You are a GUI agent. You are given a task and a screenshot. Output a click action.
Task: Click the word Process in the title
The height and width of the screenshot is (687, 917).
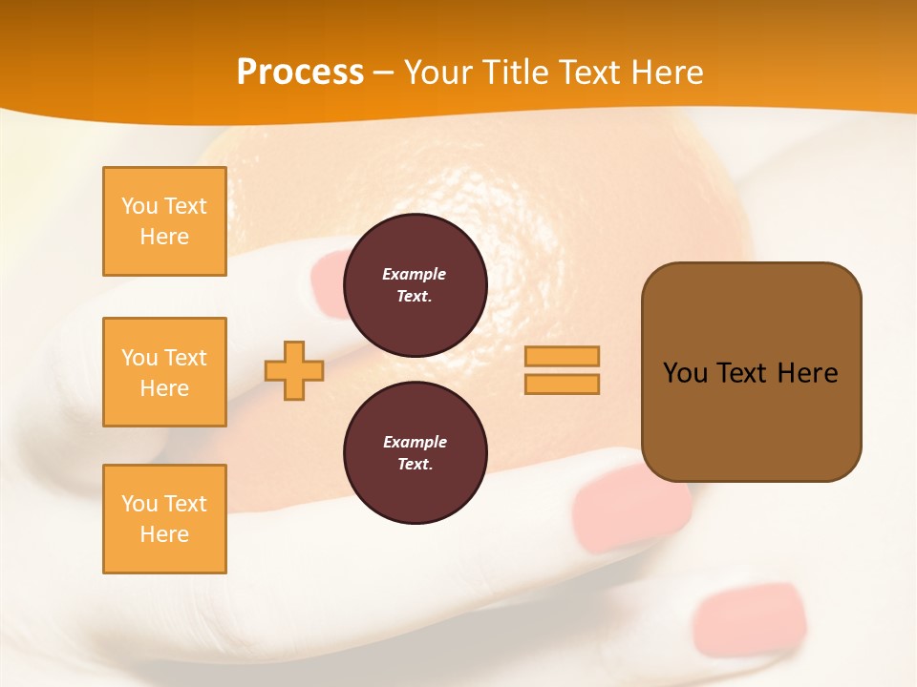(x=300, y=73)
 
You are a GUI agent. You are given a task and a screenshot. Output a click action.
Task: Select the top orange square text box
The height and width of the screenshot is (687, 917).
(x=164, y=221)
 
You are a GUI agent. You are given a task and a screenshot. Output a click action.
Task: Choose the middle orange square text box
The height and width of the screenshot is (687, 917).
(x=164, y=372)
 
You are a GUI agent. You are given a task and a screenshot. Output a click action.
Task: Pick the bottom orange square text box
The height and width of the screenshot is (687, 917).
(x=164, y=519)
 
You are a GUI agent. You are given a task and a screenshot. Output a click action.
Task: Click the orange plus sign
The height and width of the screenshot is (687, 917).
(x=294, y=371)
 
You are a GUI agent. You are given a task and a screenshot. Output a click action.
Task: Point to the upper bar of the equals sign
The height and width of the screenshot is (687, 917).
(x=562, y=356)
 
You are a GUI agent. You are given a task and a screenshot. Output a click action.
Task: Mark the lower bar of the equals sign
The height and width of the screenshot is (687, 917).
(x=562, y=384)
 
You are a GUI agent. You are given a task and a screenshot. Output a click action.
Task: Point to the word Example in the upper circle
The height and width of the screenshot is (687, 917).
(x=414, y=274)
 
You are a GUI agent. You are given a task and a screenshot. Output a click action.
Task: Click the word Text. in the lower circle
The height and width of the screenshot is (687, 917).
(x=415, y=465)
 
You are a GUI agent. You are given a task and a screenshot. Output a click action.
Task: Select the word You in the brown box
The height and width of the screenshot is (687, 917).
(x=685, y=373)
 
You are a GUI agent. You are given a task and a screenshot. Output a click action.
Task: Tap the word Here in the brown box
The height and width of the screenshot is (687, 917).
(x=807, y=373)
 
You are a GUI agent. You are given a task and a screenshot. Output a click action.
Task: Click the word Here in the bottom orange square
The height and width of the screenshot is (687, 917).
(x=164, y=534)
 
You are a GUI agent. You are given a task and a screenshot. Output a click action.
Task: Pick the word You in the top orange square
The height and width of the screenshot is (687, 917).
(x=139, y=206)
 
